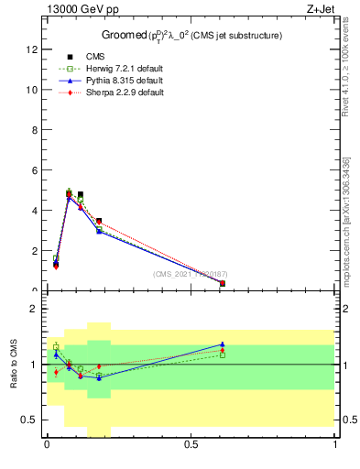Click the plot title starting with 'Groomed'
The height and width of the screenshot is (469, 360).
(x=191, y=36)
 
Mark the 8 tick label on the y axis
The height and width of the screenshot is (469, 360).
(x=36, y=130)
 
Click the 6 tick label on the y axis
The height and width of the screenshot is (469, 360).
(x=36, y=170)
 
